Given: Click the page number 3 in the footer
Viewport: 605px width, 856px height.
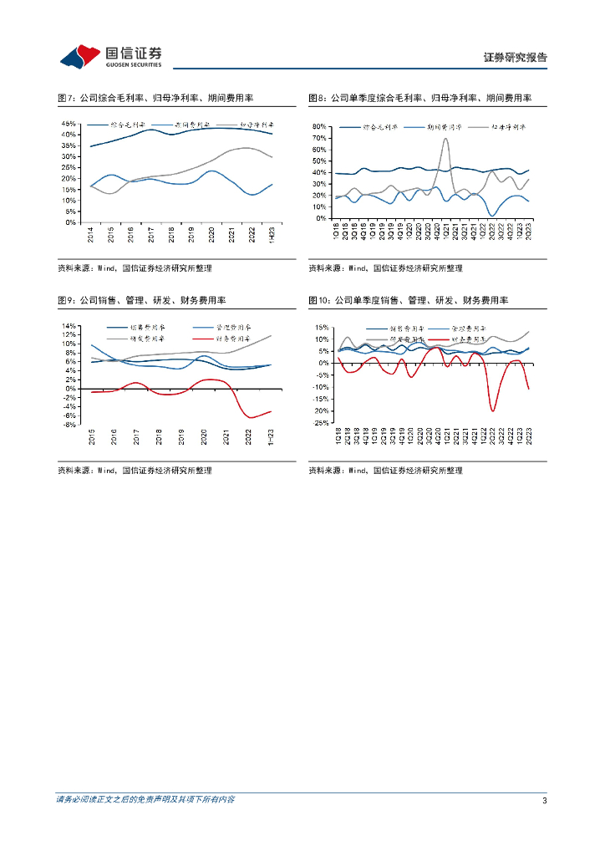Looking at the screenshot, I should pyautogui.click(x=544, y=800).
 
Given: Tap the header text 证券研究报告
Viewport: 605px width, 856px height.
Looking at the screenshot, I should pyautogui.click(x=516, y=58).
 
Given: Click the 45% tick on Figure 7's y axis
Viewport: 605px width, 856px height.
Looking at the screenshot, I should pyautogui.click(x=69, y=124).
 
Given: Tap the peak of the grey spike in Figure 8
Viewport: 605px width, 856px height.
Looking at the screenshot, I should pyautogui.click(x=445, y=139).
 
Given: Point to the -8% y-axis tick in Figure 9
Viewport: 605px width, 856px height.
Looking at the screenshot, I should pyautogui.click(x=69, y=425).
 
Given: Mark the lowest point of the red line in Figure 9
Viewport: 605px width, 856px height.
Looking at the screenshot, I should pyautogui.click(x=251, y=417).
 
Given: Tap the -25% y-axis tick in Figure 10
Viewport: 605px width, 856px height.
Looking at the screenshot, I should pyautogui.click(x=318, y=423).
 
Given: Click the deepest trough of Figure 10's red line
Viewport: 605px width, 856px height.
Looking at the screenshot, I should pyautogui.click(x=493, y=410).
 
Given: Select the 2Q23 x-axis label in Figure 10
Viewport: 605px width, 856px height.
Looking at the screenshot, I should pyautogui.click(x=529, y=436).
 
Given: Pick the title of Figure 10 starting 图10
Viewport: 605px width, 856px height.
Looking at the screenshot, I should pyautogui.click(x=409, y=300).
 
